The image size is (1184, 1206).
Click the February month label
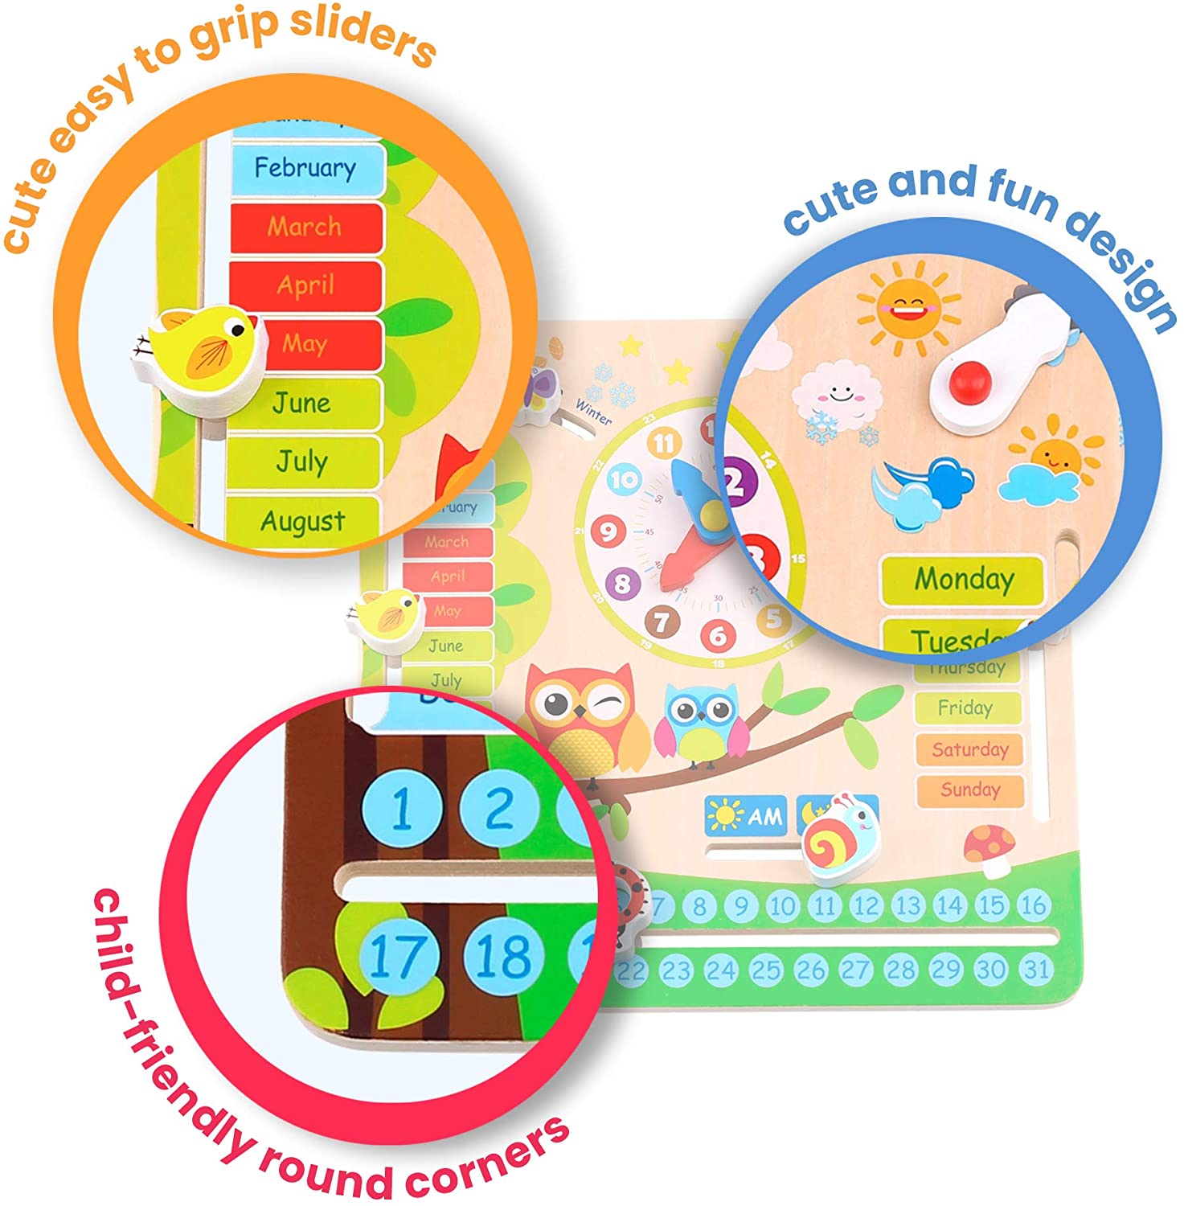[305, 167]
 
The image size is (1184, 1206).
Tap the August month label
[302, 521]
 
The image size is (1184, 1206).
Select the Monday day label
[963, 579]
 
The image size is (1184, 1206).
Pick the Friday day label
[966, 708]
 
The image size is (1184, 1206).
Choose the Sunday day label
[969, 790]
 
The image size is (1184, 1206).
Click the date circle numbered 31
[1036, 970]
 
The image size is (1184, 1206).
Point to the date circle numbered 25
[764, 970]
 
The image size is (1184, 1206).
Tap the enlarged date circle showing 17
[399, 956]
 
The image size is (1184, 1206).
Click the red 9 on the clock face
[608, 531]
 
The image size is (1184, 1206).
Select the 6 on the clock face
[717, 636]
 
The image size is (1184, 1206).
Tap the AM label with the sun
[744, 815]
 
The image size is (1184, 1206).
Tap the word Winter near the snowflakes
[593, 412]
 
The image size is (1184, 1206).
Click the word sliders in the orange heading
[362, 36]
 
